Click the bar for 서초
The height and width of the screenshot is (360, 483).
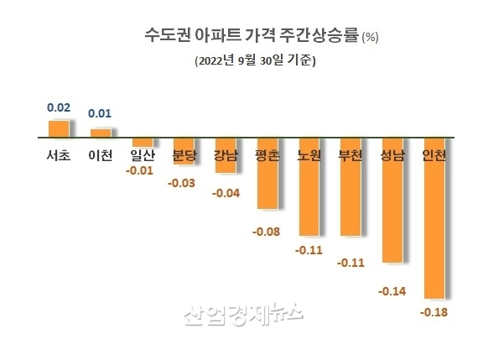[58, 128]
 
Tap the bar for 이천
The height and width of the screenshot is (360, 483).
[100, 133]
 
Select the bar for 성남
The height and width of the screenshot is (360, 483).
[392, 199]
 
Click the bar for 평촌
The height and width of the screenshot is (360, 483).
[267, 172]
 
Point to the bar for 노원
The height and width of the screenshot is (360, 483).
[309, 185]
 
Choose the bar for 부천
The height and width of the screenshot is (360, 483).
[350, 185]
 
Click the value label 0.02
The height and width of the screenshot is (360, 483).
[58, 107]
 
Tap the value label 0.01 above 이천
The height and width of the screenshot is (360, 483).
[100, 114]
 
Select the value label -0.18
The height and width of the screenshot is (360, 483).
[434, 312]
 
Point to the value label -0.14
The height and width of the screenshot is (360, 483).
[392, 291]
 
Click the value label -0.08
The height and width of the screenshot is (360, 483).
[267, 231]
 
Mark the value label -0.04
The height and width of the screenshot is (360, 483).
[225, 194]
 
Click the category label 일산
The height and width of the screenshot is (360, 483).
[141, 155]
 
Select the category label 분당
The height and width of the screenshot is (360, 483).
[183, 155]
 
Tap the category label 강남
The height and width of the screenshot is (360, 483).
[225, 155]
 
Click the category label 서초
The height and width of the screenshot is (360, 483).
[58, 155]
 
